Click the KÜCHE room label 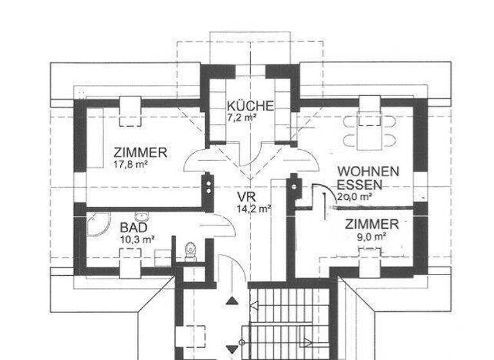[250, 106]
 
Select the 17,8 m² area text [131, 164]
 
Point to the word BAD [134, 228]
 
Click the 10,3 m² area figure [137, 239]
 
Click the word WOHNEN [369, 172]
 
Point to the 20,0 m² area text [355, 197]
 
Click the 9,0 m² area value [372, 236]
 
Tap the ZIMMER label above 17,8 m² [140, 153]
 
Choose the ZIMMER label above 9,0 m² [372, 224]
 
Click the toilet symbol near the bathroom [189, 249]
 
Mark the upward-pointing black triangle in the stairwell [231, 300]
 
